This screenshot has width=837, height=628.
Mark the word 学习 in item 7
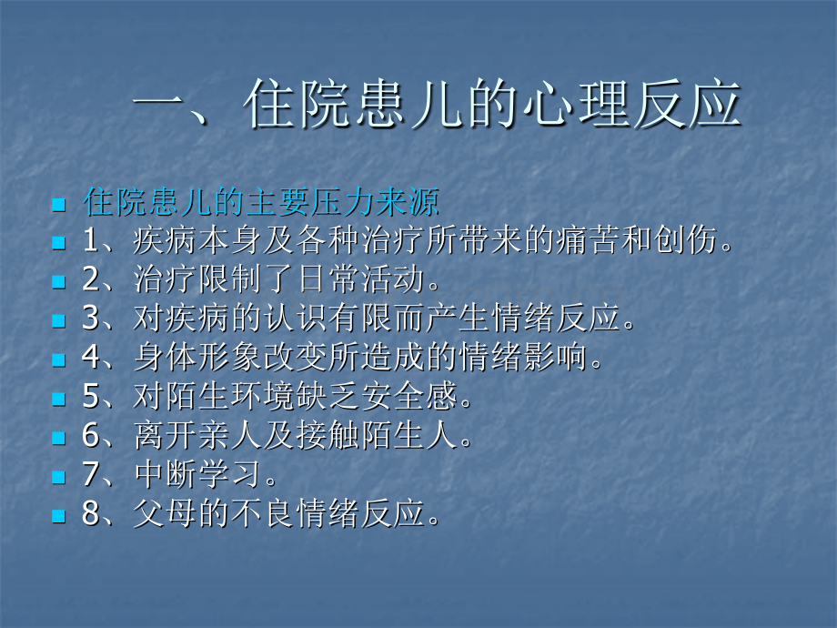[229, 475]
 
